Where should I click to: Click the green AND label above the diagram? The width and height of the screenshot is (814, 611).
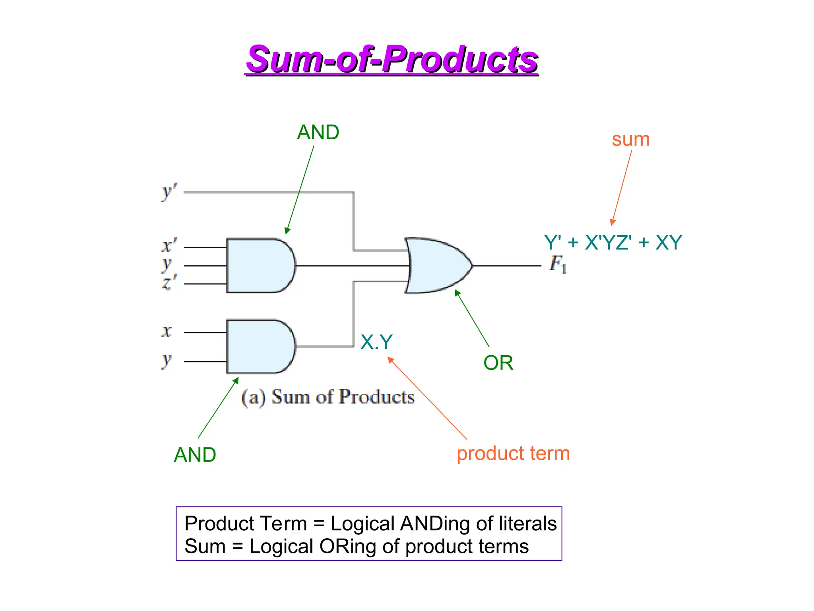point(318,132)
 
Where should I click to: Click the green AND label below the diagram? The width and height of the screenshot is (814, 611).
point(195,455)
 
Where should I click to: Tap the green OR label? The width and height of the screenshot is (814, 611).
point(498,363)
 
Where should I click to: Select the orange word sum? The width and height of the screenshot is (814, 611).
point(630,140)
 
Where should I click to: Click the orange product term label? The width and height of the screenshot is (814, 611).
point(513,453)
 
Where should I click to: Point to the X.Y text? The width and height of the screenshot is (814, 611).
point(376,342)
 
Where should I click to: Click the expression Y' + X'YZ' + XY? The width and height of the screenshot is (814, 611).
point(612,242)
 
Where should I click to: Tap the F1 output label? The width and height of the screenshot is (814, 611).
point(557,264)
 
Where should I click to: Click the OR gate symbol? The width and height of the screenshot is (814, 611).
point(437,266)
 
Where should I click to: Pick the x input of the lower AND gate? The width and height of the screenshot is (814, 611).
point(167,331)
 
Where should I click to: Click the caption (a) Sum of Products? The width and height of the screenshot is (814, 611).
point(328,397)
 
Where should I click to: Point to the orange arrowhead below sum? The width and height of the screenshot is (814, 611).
point(613,222)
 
